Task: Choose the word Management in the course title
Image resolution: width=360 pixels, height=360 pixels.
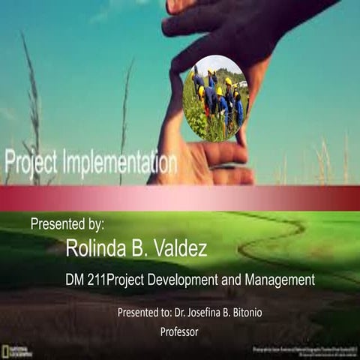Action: [277, 280]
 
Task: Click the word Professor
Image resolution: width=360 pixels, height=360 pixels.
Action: [180, 331]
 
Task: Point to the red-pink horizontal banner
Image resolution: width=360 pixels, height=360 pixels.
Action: [180, 198]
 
